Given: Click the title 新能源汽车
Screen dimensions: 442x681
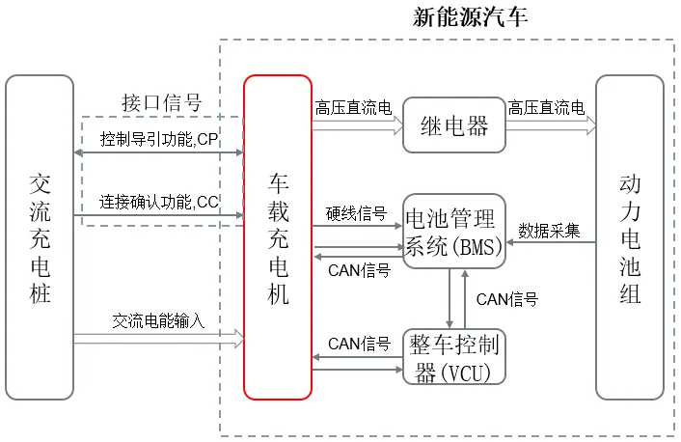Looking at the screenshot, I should [x=470, y=16].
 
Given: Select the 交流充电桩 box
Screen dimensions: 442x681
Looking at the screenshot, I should [x=40, y=237].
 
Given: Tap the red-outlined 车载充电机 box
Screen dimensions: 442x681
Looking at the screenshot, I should [x=277, y=237].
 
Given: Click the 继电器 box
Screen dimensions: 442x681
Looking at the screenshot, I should [x=454, y=124].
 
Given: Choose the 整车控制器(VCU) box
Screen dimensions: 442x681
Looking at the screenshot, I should [x=454, y=357].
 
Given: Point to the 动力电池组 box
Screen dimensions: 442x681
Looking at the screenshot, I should [x=630, y=237].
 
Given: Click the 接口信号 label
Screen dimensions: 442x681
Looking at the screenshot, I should [x=162, y=102].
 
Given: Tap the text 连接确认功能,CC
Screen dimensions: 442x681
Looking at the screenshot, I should [x=159, y=202].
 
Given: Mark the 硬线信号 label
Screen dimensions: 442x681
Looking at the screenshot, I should [x=356, y=213].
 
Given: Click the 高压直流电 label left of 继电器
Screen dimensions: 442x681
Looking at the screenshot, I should [x=353, y=107].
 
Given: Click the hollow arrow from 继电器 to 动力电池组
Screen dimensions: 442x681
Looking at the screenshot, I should [x=551, y=124].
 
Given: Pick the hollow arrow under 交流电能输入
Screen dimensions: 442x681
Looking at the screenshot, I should [x=158, y=338].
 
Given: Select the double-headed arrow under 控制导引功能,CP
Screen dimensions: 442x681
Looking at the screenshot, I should [x=158, y=154].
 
